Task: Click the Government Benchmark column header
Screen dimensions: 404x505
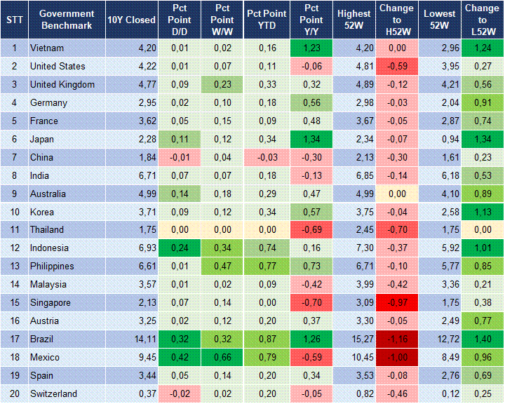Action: click(67, 20)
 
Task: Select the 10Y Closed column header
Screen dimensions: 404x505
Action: click(131, 20)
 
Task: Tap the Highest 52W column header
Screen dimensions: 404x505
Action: click(353, 20)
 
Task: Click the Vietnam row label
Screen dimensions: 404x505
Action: click(47, 48)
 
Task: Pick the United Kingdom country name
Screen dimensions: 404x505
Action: click(62, 85)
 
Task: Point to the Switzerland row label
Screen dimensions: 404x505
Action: click(53, 394)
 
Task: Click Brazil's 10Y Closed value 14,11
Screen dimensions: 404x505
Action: click(131, 339)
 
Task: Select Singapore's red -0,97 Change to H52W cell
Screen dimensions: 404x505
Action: click(396, 303)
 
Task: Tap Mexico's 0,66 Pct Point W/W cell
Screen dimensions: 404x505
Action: click(222, 358)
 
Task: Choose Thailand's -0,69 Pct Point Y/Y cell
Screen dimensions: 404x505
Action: click(309, 230)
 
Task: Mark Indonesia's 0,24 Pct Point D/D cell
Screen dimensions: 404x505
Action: click(180, 248)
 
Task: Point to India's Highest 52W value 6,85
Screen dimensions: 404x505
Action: click(353, 175)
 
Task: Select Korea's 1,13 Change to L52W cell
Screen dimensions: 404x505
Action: click(482, 212)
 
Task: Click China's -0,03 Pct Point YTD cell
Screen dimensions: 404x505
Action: click(265, 158)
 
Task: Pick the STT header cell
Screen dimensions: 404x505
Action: click(14, 20)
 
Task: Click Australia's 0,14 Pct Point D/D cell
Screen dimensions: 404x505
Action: click(180, 194)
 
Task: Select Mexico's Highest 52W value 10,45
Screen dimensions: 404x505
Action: click(353, 358)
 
